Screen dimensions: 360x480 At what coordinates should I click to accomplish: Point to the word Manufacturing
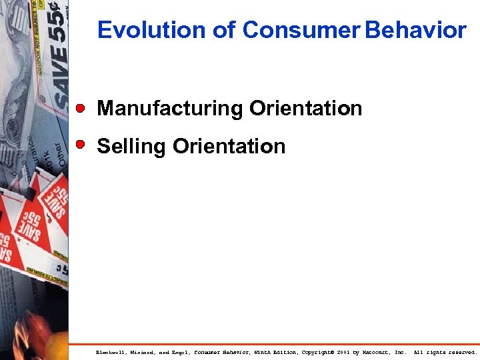click(170, 109)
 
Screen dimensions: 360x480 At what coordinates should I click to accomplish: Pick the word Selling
click(131, 147)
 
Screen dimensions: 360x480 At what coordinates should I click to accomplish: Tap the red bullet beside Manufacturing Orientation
click(81, 107)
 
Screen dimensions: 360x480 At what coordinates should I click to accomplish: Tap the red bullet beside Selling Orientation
click(81, 144)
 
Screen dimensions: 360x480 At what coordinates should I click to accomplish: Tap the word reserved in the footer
click(461, 352)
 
